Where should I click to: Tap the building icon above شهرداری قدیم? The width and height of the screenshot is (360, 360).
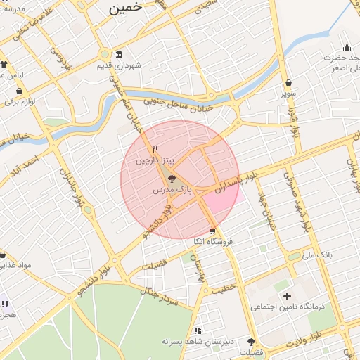(x=118, y=55)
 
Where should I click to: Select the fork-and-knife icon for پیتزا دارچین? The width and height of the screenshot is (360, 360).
(x=154, y=149)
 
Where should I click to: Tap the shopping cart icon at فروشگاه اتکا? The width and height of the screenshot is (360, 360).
(x=212, y=231)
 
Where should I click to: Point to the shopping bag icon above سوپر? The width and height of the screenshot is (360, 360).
(x=289, y=82)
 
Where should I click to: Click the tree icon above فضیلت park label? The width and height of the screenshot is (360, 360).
(x=251, y=341)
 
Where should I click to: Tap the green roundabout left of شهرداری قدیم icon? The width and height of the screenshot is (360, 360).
(x=104, y=54)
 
